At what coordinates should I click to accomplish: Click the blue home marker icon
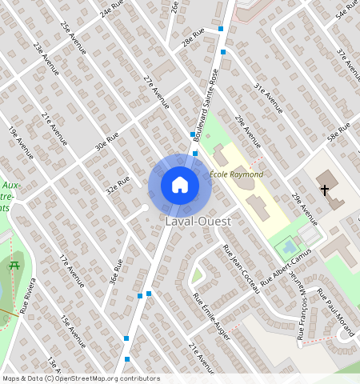(x=180, y=185)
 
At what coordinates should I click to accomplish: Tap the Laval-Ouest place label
(x=198, y=220)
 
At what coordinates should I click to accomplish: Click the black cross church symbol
(x=324, y=190)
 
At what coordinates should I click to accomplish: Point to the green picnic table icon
(x=14, y=265)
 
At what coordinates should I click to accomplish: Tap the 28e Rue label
(x=193, y=35)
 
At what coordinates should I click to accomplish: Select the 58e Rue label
(x=339, y=132)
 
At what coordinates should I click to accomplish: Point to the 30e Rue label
(x=106, y=142)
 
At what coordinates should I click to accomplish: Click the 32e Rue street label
(x=118, y=186)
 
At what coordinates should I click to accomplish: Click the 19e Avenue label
(x=21, y=142)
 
